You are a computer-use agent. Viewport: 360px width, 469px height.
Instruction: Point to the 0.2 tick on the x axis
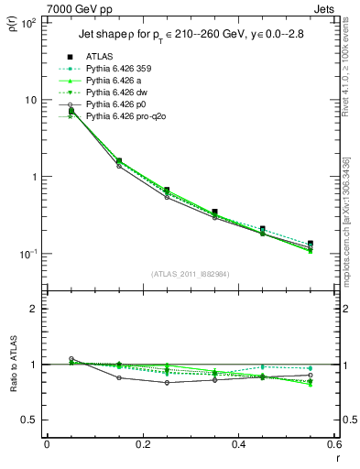click(142, 445)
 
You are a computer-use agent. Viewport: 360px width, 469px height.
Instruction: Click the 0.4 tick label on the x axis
click(238, 445)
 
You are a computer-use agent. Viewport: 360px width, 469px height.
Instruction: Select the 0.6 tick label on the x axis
click(333, 445)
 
